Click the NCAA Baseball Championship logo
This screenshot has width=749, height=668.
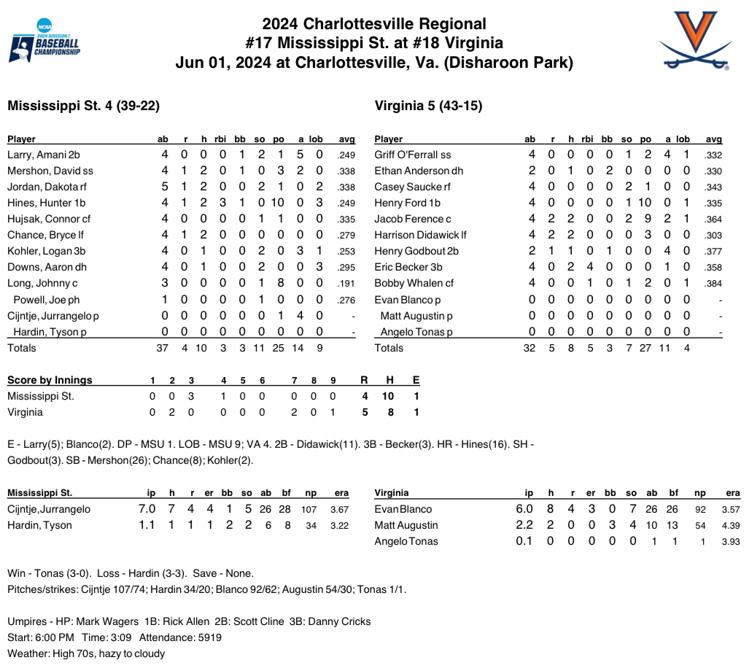pyautogui.click(x=44, y=42)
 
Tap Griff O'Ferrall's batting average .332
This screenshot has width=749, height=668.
pyautogui.click(x=713, y=155)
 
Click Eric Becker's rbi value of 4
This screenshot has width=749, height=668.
pyautogui.click(x=586, y=267)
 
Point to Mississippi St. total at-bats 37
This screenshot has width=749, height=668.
pyautogui.click(x=163, y=348)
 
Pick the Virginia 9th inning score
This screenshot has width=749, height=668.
pyautogui.click(x=333, y=412)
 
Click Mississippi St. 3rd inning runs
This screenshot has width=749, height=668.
pyautogui.click(x=191, y=396)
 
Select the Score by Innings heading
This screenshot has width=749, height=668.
pyautogui.click(x=50, y=380)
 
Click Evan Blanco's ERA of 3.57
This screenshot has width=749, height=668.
pyautogui.click(x=730, y=509)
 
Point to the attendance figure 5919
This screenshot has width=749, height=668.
pyautogui.click(x=208, y=637)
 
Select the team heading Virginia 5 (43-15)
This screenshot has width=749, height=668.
pyautogui.click(x=428, y=106)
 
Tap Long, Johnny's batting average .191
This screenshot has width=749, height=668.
pyautogui.click(x=346, y=283)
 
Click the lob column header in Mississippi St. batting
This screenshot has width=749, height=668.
pyautogui.click(x=316, y=139)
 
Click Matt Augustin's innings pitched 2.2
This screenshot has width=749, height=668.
pyautogui.click(x=524, y=525)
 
